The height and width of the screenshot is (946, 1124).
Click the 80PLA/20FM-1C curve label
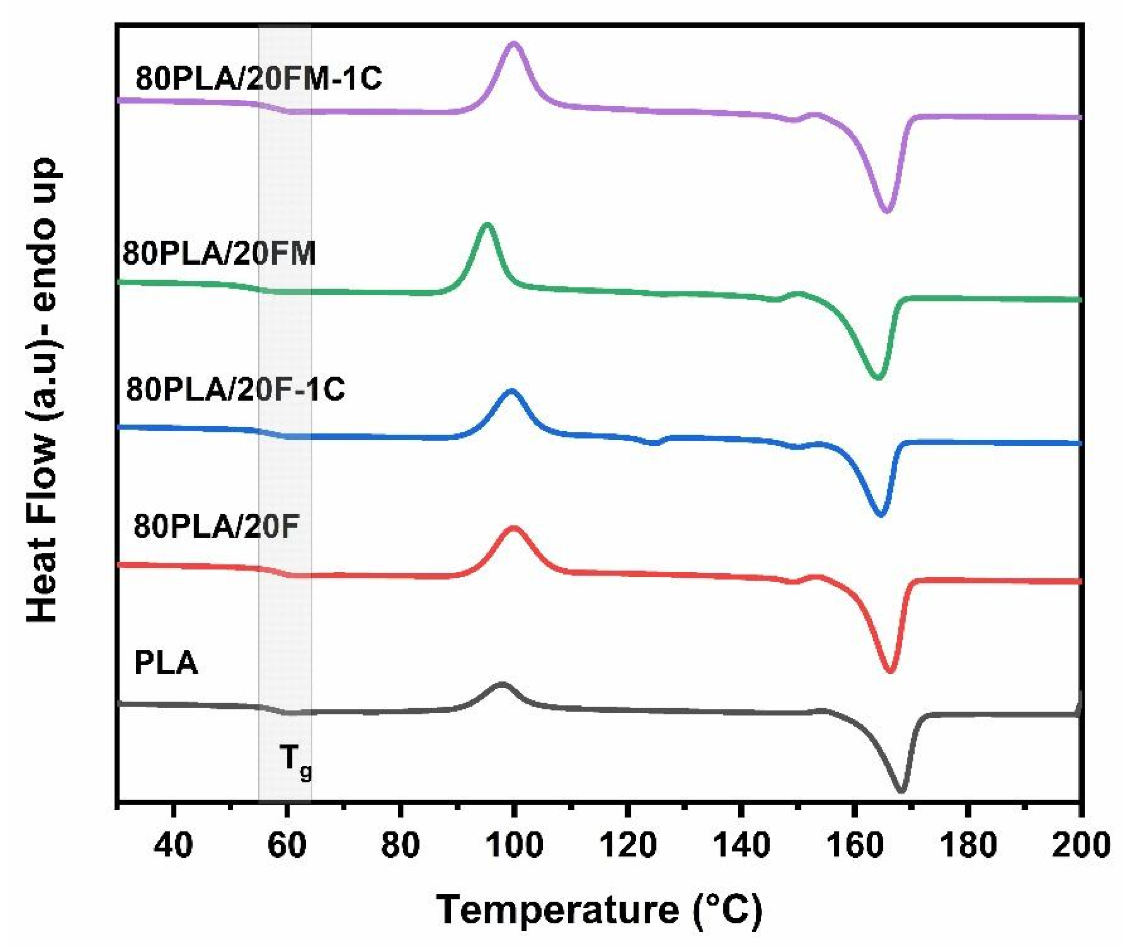pos(258,79)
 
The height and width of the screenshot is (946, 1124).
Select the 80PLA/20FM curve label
pos(220,253)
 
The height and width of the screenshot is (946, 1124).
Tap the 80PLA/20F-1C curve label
pos(236,389)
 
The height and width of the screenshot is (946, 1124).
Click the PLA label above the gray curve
pos(166,663)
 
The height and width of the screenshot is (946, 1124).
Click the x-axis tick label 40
pos(173,846)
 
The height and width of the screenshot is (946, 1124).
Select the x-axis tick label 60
pos(287,846)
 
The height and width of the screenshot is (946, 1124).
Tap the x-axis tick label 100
pos(514,846)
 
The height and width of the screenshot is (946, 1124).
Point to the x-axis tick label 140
pos(741,846)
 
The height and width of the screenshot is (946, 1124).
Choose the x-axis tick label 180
pos(967,846)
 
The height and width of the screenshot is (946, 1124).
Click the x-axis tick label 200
pos(1081,846)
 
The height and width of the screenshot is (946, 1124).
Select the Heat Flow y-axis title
pos(42,391)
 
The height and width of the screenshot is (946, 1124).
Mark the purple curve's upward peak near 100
pos(514,44)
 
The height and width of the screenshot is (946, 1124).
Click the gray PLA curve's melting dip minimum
pos(901,790)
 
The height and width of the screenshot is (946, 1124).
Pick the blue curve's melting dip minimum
pos(880,514)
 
